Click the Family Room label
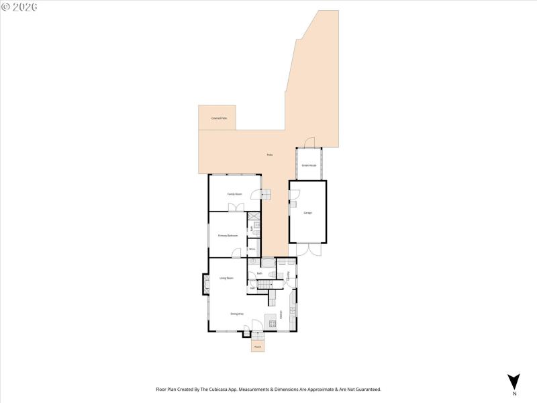click(234, 194)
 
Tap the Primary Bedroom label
click(228, 236)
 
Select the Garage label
click(307, 213)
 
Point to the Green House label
click(308, 165)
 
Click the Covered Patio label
click(219, 118)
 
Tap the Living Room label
click(226, 278)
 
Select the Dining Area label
click(237, 314)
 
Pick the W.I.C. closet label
click(252, 250)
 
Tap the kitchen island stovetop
click(272, 324)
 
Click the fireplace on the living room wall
click(205, 283)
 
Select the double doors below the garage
click(308, 249)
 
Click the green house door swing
click(309, 143)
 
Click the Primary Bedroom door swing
click(236, 253)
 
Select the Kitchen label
click(281, 313)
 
